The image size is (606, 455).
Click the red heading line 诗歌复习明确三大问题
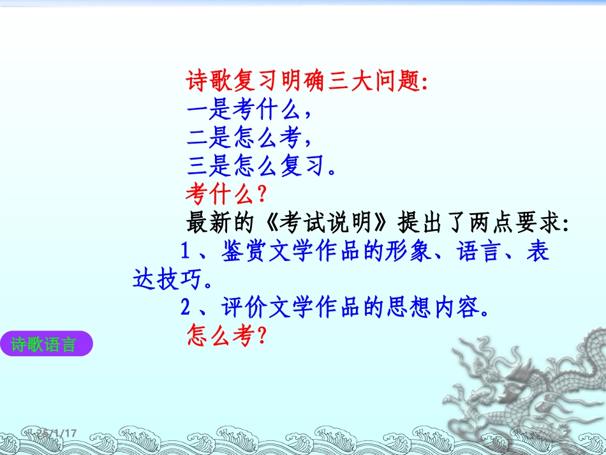pyautogui.click(x=307, y=81)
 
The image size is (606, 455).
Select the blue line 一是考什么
pyautogui.click(x=249, y=110)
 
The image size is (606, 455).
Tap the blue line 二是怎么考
pyautogui.click(x=249, y=137)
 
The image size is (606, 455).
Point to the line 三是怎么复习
pyautogui.click(x=261, y=165)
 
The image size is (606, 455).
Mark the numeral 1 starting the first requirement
pyautogui.click(x=186, y=251)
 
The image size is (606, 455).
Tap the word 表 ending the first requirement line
pyautogui.click(x=538, y=251)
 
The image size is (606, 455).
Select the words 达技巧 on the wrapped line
pyautogui.click(x=167, y=280)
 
